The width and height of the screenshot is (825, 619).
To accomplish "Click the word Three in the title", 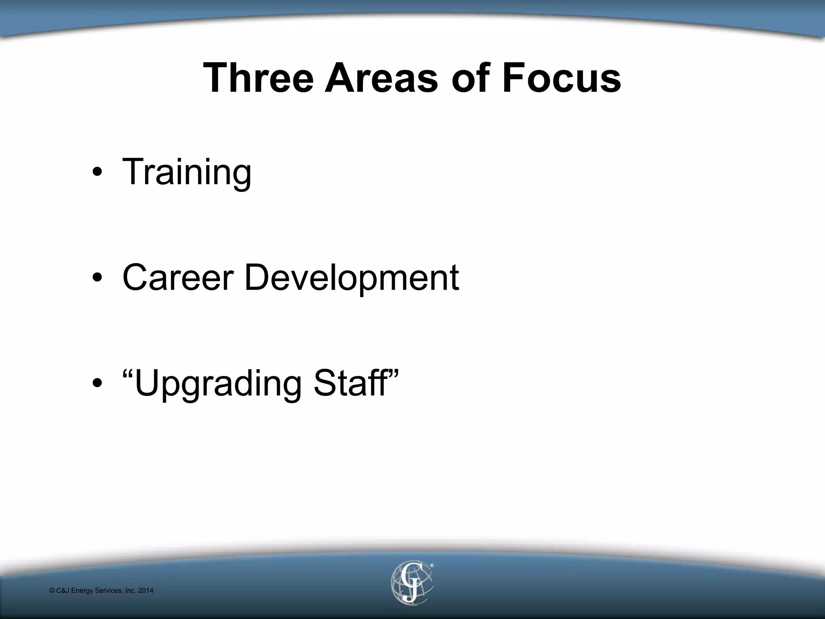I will tap(258, 77).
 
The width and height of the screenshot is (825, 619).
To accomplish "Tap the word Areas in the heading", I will tap(381, 77).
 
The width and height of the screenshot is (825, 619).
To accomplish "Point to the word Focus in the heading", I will tap(561, 77).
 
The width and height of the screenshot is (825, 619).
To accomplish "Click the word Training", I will tap(187, 172).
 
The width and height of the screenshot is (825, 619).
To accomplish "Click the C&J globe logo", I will tap(411, 582).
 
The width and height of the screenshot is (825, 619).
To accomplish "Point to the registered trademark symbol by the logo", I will tap(431, 566).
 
